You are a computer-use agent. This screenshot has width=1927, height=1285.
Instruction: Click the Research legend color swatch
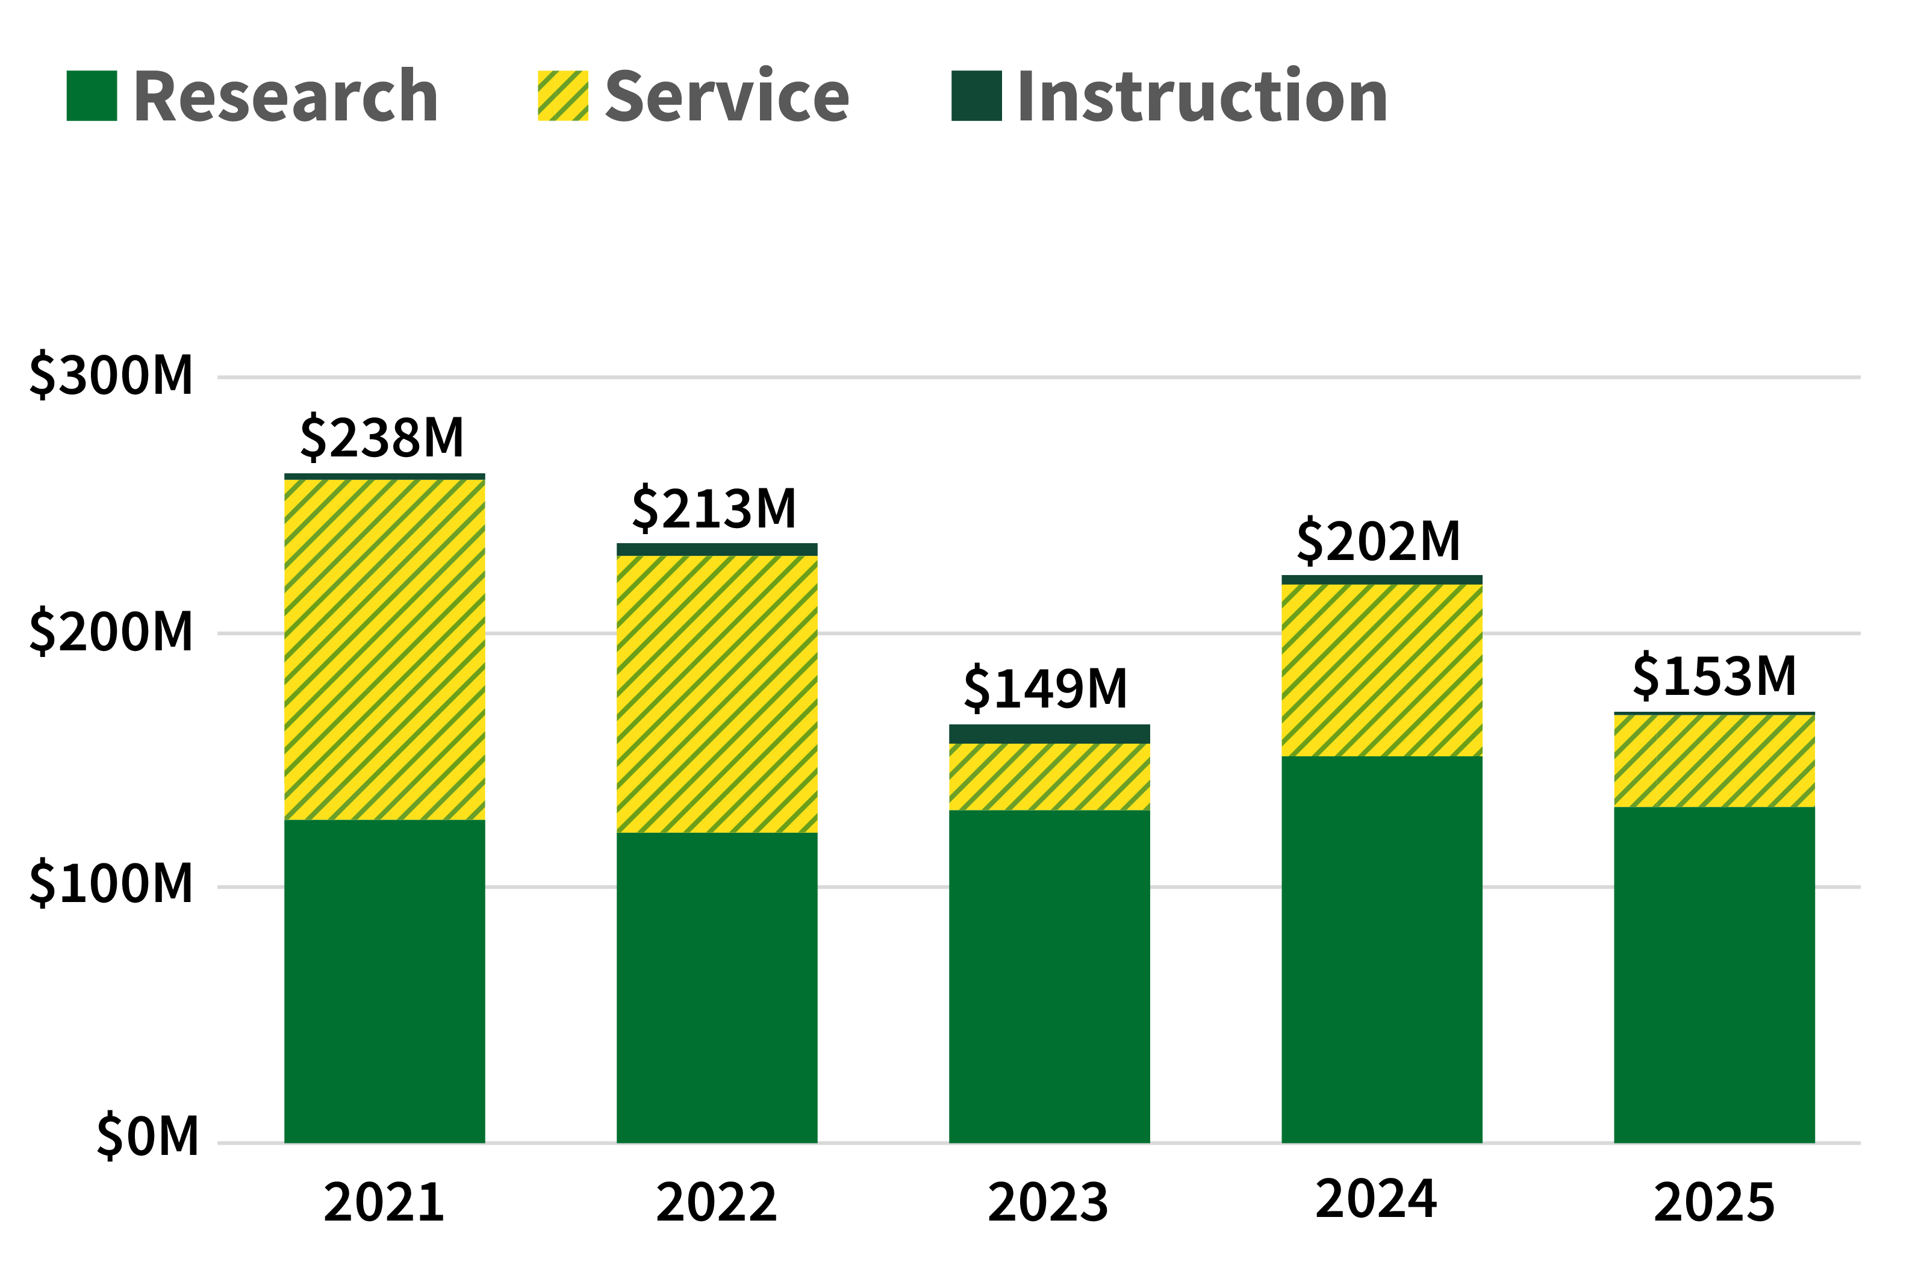pos(92,96)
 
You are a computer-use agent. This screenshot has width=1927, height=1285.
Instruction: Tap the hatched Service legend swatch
pos(563,96)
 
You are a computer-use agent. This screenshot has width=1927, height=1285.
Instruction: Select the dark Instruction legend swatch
pos(977,96)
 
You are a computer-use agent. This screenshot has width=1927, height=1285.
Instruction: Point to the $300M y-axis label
pos(111,376)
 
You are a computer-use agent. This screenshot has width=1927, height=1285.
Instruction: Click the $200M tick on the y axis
pos(111,632)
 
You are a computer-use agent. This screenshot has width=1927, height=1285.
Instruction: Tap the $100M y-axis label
pos(111,884)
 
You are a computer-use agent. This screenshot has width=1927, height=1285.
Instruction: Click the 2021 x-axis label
pos(384,1203)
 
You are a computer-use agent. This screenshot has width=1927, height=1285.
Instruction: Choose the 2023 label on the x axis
pos(1048,1203)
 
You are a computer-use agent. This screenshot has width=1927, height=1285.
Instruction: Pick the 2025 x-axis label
pos(1714,1203)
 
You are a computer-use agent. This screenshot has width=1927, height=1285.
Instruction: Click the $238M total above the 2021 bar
pos(382,438)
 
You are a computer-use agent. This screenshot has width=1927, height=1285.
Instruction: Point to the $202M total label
pos(1379,542)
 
